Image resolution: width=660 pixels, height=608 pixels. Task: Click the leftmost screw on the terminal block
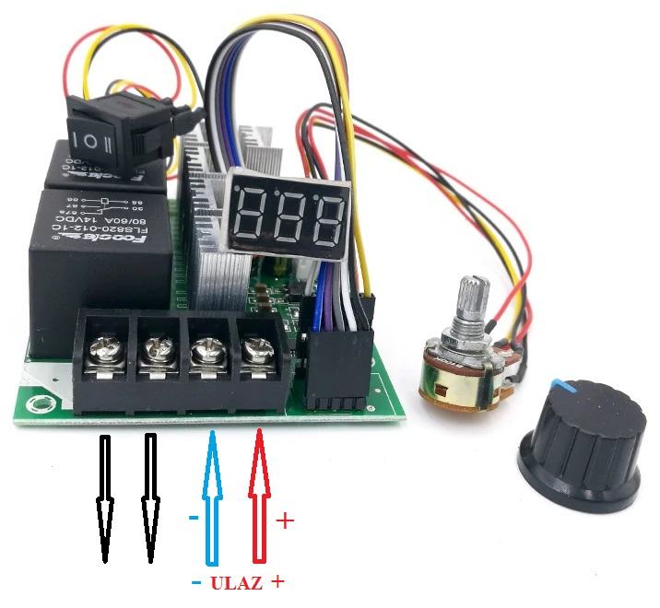click(104, 350)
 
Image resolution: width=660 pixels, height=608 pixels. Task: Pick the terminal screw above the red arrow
click(252, 351)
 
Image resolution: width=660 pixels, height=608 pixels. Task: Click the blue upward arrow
click(213, 497)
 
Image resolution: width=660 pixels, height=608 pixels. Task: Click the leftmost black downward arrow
click(104, 497)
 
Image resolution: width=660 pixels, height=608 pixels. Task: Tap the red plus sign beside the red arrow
click(285, 521)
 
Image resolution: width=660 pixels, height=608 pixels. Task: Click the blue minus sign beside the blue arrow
click(193, 518)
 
